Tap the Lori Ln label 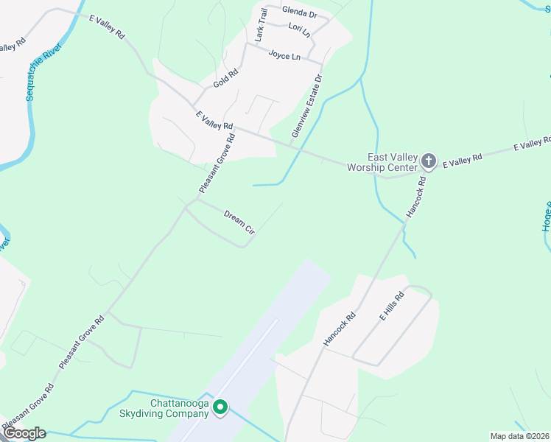tap(299, 29)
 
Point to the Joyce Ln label tap(284, 56)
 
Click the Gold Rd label tap(226, 79)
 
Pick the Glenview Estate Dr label tap(307, 105)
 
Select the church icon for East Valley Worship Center tap(429, 161)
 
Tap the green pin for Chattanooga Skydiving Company tap(220, 407)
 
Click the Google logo tap(24, 432)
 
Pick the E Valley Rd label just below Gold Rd tap(214, 121)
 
